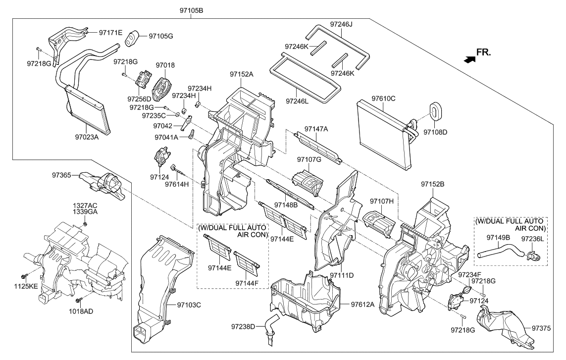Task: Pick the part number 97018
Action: [x=165, y=65]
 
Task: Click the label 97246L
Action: [x=297, y=101]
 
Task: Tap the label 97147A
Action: [x=316, y=129]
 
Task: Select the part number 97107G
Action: [x=309, y=159]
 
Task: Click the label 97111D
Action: [x=342, y=274]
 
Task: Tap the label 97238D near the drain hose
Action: [x=243, y=326]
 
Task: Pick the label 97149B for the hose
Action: [x=498, y=237]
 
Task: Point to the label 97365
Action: [x=62, y=175]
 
